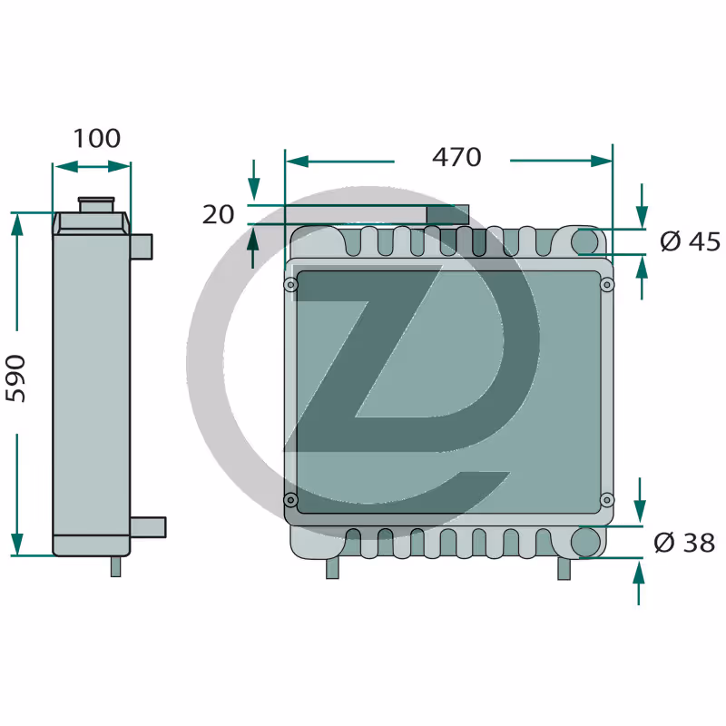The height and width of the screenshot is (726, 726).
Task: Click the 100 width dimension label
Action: pos(97,138)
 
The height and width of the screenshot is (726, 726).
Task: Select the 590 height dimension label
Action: pos(15,378)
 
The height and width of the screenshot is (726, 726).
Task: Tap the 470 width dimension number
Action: pos(456,157)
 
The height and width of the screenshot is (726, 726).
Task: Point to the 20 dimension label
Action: pos(218,214)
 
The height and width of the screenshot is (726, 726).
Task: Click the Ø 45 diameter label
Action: pos(690,241)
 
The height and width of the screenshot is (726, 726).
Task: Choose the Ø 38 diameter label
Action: pos(684,542)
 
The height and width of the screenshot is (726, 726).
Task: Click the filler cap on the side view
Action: pos(96,204)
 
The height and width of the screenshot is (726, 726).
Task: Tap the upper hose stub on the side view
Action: pos(142,247)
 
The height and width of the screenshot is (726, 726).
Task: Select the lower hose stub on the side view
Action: pos(148,527)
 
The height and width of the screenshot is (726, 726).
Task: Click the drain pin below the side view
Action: pos(116,565)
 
